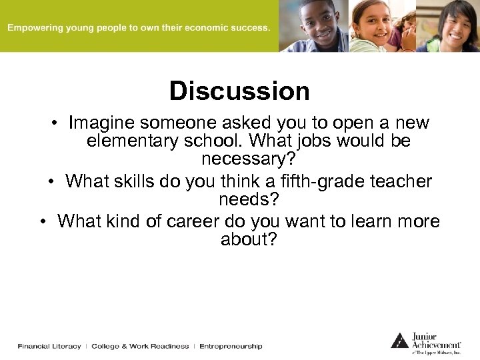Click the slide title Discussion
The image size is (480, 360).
239,91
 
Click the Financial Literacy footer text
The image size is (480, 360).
49,346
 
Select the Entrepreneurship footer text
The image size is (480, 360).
231,346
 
